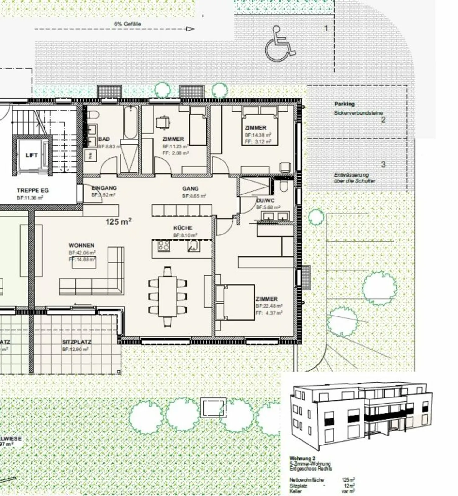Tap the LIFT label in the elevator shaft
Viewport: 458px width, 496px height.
tap(31, 155)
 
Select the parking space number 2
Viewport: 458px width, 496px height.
tap(383, 120)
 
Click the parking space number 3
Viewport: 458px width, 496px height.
tap(383, 165)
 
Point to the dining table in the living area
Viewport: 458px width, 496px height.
tap(167, 296)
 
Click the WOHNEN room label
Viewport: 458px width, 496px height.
tap(81, 245)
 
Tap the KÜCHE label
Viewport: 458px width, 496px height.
tap(183, 228)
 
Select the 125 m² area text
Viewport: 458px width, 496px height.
tap(118, 221)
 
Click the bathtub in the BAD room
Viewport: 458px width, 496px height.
tap(130, 123)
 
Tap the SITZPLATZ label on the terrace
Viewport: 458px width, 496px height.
tap(76, 342)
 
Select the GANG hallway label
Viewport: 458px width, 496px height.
tap(190, 188)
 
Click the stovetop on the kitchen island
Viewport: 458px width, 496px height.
tap(164, 246)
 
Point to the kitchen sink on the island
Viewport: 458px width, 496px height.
tap(193, 246)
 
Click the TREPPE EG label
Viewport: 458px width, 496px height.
tap(33, 190)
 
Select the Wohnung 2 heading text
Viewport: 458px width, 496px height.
tap(302, 458)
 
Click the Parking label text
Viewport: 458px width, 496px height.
tap(344, 104)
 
